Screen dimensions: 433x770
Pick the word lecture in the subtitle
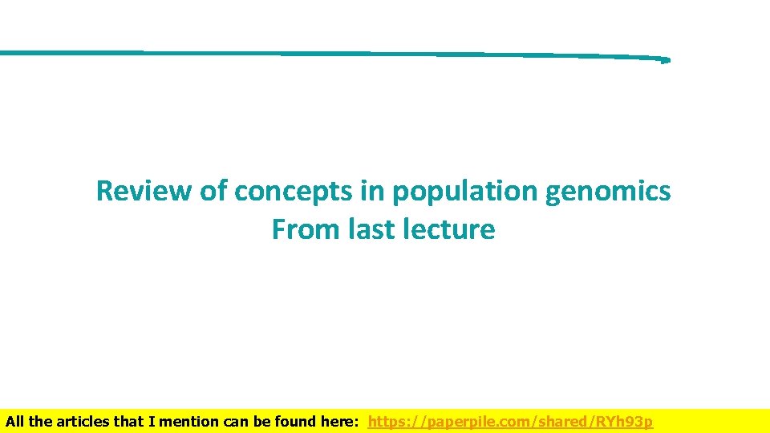[x=456, y=230]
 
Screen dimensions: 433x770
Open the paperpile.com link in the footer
[x=510, y=422]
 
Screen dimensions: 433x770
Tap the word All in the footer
[x=15, y=422]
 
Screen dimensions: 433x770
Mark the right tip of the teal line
[x=667, y=59]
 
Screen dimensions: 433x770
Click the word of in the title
[x=212, y=192]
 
